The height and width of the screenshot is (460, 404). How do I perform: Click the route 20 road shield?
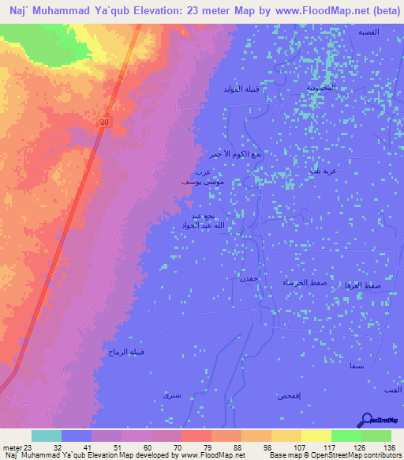105,121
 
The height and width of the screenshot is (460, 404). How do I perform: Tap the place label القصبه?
372,32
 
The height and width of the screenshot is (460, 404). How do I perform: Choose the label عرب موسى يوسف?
196,176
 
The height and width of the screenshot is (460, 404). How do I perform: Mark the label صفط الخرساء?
299,282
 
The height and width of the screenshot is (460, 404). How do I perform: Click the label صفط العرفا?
364,284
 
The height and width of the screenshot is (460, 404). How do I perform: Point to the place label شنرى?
171,393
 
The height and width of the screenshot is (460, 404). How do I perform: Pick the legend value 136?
388,447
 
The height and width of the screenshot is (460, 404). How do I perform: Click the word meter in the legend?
10,447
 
